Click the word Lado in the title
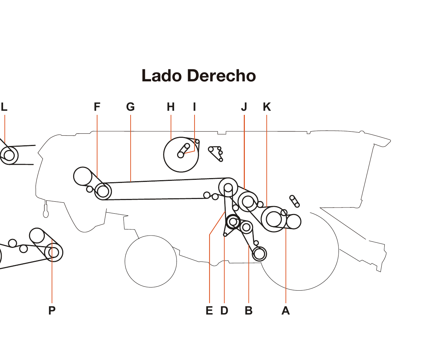point(161,76)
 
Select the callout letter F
point(97,107)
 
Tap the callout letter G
point(131,107)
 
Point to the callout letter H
point(171,107)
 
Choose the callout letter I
point(195,107)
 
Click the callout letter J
point(244,107)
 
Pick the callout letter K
point(267,107)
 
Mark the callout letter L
point(4,107)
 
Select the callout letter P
point(52,310)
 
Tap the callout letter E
point(209,310)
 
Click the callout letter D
point(224,310)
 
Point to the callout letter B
point(249,310)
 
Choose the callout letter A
point(286,310)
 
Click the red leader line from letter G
point(131,147)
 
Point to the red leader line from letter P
point(52,280)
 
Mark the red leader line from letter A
point(286,267)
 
